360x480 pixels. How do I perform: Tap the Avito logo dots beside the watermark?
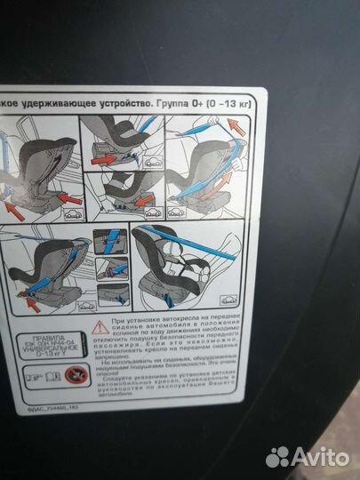[277, 457]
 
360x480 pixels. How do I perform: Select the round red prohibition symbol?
[68, 377]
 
